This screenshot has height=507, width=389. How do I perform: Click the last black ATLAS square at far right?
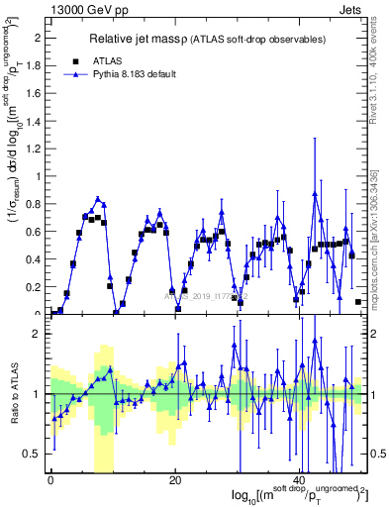(357, 302)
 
